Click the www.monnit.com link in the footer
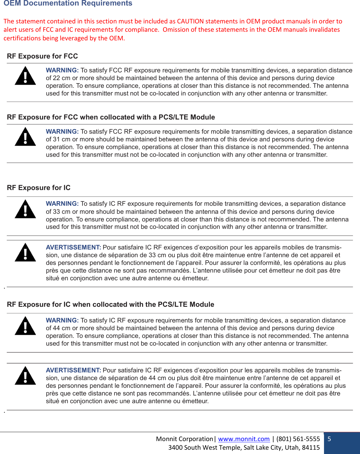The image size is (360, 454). (x=244, y=439)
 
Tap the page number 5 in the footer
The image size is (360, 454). (x=329, y=439)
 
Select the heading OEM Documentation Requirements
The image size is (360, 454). (x=68, y=3)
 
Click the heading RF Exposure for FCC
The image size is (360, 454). (x=42, y=56)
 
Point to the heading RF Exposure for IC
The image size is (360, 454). (x=39, y=188)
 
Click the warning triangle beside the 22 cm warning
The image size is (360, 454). (x=25, y=76)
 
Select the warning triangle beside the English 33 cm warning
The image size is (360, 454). (x=25, y=209)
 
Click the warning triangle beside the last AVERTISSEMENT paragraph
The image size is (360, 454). (x=25, y=376)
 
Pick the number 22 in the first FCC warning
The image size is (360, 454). (x=56, y=78)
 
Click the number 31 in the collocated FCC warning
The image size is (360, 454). (x=56, y=139)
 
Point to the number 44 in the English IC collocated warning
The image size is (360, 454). (x=56, y=328)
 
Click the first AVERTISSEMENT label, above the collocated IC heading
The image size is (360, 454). (x=73, y=247)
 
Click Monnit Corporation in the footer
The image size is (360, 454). (x=184, y=439)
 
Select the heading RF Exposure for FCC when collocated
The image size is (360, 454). (x=111, y=117)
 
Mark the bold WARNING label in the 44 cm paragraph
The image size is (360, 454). (x=62, y=320)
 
